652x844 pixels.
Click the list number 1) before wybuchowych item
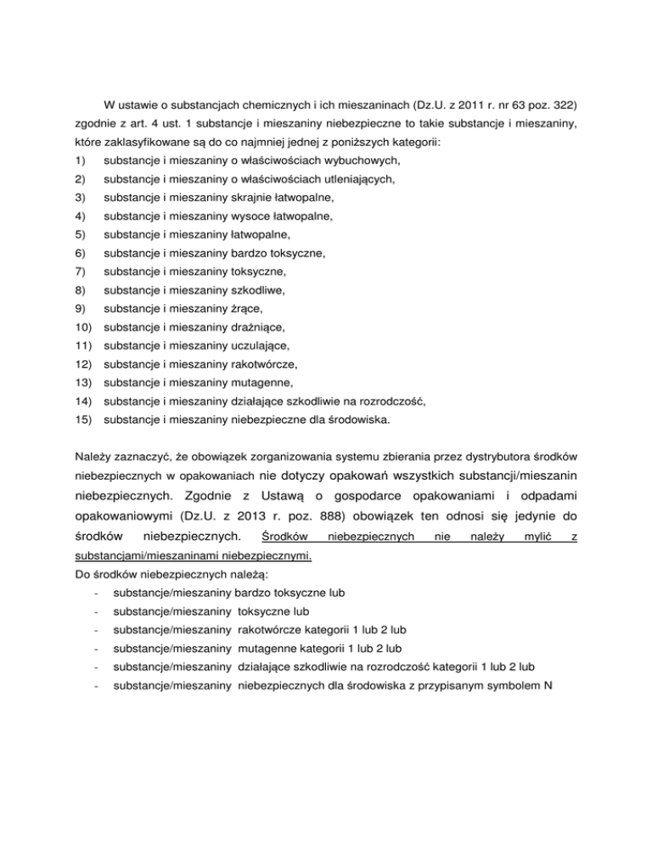coord(79,160)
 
